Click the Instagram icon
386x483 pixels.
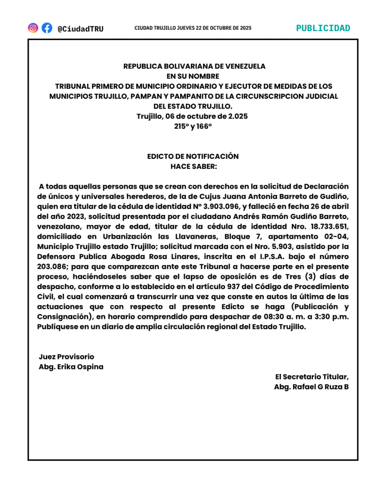coord(33,28)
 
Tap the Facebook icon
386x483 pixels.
coord(47,28)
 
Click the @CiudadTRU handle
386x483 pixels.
coord(80,28)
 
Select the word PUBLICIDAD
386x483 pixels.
coord(323,28)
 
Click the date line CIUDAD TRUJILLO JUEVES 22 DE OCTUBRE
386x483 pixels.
coord(193,28)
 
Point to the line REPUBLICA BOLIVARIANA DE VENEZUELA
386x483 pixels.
coord(194,67)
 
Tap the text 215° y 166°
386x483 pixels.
coord(193,126)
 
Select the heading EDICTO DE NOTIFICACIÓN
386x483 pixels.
coord(193,156)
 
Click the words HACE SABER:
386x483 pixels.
coord(194,166)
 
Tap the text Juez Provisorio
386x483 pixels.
coord(66,357)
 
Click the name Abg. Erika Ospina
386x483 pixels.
coord(71,366)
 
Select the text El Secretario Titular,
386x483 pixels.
coord(312,376)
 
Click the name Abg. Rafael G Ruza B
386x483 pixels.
coord(311,386)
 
